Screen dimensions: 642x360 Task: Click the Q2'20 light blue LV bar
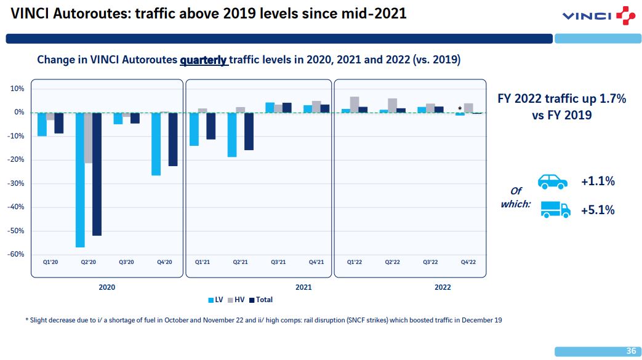tap(80, 180)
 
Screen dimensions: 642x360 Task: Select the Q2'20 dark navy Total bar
tap(97, 174)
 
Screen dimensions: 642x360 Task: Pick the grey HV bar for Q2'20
tap(89, 138)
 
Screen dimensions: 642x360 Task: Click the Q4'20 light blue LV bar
tap(156, 144)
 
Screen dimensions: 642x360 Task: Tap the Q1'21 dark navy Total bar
tap(211, 126)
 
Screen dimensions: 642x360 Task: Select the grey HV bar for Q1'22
tap(355, 105)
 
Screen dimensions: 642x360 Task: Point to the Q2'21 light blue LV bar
tap(232, 135)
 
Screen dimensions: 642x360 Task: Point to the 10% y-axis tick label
tap(18, 89)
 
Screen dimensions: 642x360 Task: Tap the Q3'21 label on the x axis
tap(278, 262)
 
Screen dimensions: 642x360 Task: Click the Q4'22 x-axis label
tap(468, 262)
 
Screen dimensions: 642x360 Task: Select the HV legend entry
tap(236, 300)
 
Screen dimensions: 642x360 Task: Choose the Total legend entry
tap(261, 300)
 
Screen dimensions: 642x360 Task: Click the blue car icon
tap(553, 182)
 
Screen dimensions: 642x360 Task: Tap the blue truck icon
tap(555, 210)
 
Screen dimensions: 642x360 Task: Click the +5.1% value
tap(598, 210)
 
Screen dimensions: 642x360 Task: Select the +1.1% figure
tap(598, 181)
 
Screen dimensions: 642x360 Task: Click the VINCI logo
tap(599, 15)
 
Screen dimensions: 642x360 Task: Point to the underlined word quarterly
tap(204, 60)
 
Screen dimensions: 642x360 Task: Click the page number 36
tap(631, 351)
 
